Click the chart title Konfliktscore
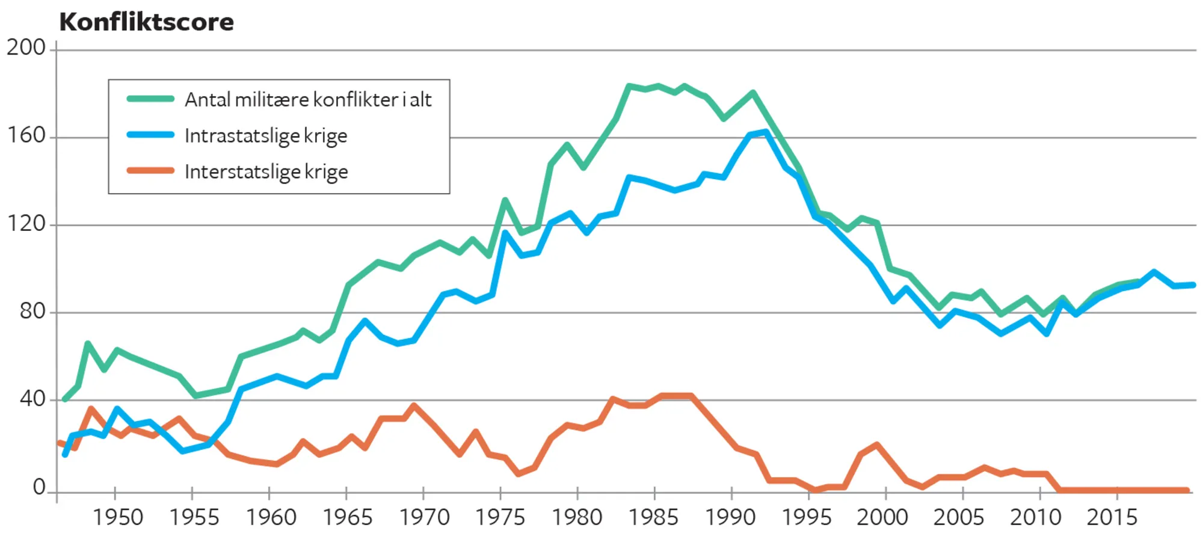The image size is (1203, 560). pos(146,22)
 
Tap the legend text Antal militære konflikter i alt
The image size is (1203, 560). pos(308,100)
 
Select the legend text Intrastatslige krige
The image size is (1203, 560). pos(266,136)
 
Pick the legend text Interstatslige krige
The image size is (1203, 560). pos(266,172)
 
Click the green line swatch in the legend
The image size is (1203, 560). pos(150,99)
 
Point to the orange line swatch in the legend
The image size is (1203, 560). pos(150,171)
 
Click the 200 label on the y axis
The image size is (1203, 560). pos(26,48)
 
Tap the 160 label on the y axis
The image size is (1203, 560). pos(26,135)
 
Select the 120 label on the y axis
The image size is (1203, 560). pos(26,224)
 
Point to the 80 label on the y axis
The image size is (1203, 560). pos(32,311)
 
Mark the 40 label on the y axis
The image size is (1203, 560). pos(32,399)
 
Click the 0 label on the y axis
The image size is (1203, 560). pos(39,487)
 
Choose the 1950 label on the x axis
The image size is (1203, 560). pos(117,517)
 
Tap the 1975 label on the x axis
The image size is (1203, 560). pos(500,517)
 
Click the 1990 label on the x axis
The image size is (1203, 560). pos(730,517)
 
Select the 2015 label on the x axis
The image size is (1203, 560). pos(1112,517)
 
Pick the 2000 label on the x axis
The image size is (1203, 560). pos(882,517)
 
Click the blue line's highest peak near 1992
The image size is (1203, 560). pos(766,132)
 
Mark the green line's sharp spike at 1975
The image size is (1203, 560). pos(505,200)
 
